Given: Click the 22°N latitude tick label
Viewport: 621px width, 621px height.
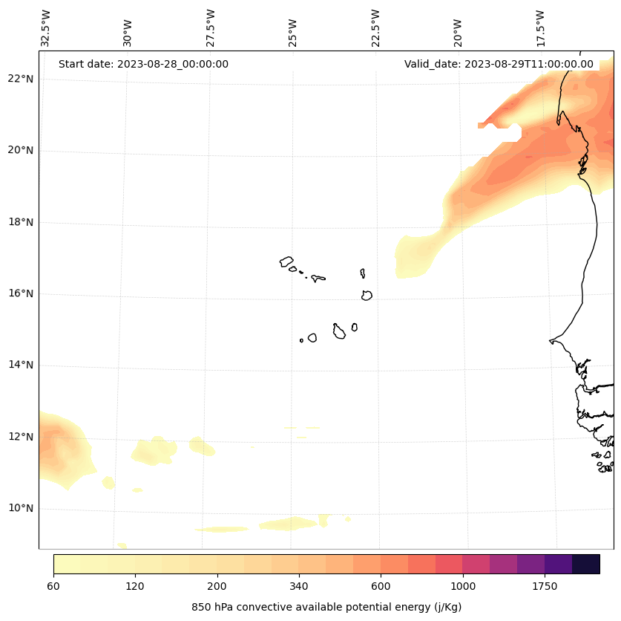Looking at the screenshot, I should (x=21, y=79).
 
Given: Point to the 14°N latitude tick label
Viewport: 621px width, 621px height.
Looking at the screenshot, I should (x=21, y=365).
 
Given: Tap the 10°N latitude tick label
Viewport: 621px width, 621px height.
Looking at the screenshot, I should (x=21, y=508).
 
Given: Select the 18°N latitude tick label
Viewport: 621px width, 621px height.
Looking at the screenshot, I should (x=21, y=222).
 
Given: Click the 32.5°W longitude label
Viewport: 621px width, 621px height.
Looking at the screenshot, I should (x=46, y=28).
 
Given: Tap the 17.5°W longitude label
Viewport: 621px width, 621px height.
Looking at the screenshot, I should (x=541, y=28).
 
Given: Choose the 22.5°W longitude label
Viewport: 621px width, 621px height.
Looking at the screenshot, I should (x=375, y=28).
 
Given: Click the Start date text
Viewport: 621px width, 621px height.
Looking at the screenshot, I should (x=143, y=64).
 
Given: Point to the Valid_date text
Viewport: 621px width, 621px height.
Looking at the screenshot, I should (x=499, y=64).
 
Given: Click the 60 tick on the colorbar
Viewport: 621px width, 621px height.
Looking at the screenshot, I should (x=53, y=586).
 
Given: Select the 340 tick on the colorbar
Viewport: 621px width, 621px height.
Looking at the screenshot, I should (x=299, y=586).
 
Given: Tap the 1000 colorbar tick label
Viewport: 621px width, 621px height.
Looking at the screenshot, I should (x=462, y=586).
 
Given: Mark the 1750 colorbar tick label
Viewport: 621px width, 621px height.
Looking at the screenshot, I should (x=545, y=586).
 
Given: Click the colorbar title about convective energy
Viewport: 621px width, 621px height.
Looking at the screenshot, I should (x=326, y=607).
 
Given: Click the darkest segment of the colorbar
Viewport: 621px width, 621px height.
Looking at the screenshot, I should (x=586, y=564).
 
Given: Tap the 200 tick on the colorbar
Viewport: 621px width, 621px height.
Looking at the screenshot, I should (x=217, y=586).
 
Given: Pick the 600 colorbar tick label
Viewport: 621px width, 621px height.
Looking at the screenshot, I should (x=381, y=586).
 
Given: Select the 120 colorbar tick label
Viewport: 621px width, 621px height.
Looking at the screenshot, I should (x=135, y=586).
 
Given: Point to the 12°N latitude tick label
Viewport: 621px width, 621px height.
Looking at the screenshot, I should (x=21, y=437).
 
